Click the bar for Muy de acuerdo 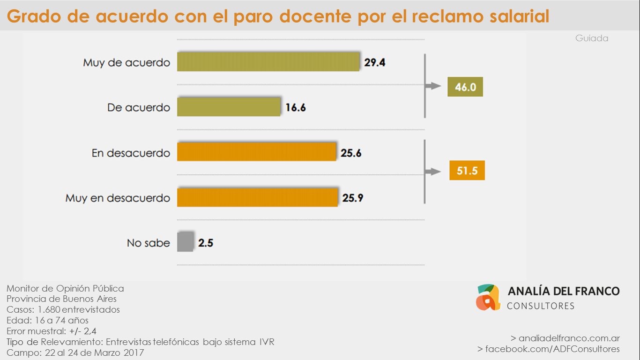pos(268,62)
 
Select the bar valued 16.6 pos(229,107)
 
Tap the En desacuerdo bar pos(256,152)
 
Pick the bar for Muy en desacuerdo pos(257,197)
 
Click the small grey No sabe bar pos(185,242)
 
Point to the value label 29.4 pos(375,62)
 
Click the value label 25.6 pos(351,153)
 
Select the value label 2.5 pos(205,243)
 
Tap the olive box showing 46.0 pos(465,87)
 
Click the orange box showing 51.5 pos(467,171)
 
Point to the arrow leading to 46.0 pos(433,86)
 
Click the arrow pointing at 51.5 pos(433,172)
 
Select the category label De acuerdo pos(139,108)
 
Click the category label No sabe pos(148,243)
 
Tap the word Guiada pos(591,38)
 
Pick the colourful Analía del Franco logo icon pos(488,297)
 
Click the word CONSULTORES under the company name pos(541,306)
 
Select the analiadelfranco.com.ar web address pos(569,338)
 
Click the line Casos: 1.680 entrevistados pos(63,309)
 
